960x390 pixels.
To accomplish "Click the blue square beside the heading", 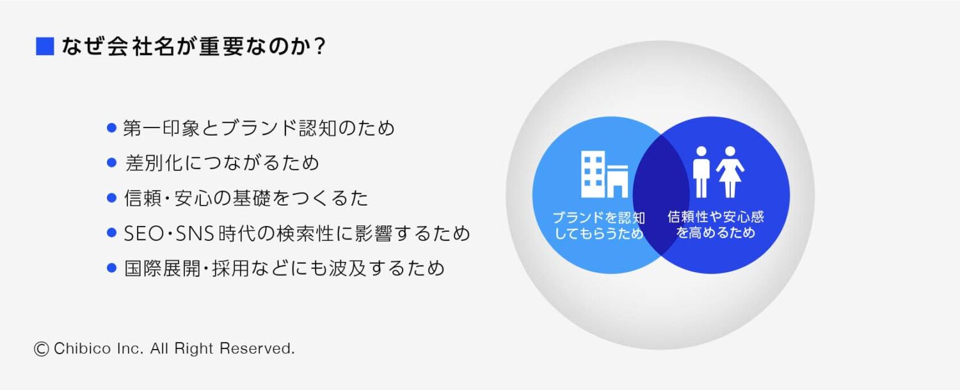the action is coord(45,46).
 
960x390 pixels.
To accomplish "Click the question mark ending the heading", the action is coord(320,46).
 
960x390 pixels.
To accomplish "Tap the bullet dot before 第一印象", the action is coord(111,128).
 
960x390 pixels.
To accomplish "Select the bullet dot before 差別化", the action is coord(111,163).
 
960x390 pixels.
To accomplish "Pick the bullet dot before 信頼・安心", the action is coord(111,199).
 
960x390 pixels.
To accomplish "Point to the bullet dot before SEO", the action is coord(111,233).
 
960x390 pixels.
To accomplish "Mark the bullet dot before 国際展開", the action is coord(111,268).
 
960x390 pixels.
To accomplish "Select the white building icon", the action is coord(604,174).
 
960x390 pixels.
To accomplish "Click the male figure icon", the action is coord(701,172).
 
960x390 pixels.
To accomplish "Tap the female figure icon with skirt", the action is coord(730,172).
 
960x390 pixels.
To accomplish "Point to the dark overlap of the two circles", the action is coord(661,195).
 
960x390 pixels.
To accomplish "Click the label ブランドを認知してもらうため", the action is coord(599,225).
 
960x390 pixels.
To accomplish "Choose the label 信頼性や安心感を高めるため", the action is coord(716,224).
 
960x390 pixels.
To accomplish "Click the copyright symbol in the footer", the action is coord(42,349).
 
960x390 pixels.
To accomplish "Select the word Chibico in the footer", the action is coord(83,348).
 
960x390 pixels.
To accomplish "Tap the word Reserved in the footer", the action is coord(257,348).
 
